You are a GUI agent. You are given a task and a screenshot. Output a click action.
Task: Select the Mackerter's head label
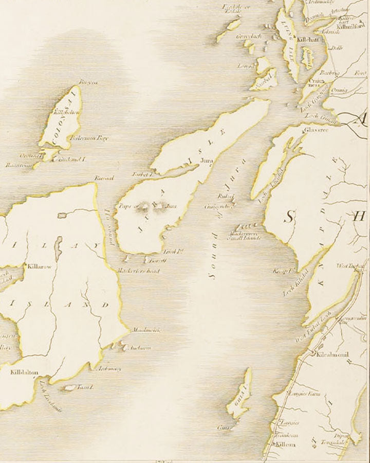138,271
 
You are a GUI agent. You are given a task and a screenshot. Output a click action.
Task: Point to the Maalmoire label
146,330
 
